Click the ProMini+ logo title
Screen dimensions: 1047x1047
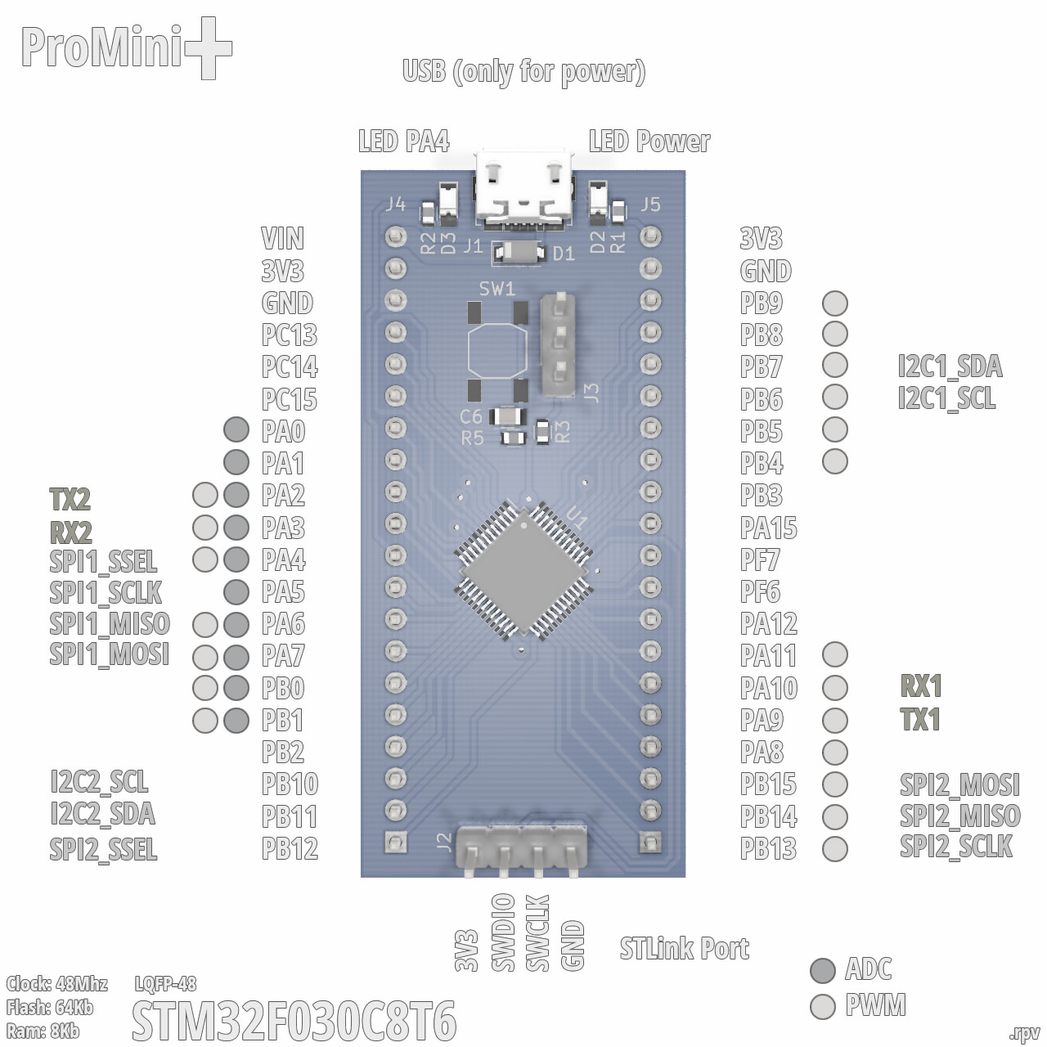click(x=126, y=48)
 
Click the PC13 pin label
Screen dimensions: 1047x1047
click(x=290, y=335)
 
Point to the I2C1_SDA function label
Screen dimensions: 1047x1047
click(x=950, y=366)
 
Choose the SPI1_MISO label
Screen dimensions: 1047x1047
click(x=110, y=623)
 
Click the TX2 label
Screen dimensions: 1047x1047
click(x=70, y=499)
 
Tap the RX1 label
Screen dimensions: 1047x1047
click(x=921, y=685)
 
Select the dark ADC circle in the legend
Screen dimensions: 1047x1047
click(x=823, y=970)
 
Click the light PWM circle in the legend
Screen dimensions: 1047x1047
click(x=823, y=1006)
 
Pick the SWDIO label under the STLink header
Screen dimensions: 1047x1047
click(x=503, y=932)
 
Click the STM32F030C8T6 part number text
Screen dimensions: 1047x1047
click(x=294, y=1022)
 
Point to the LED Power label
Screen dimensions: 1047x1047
click(x=649, y=142)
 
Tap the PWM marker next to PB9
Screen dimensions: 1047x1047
click(x=835, y=303)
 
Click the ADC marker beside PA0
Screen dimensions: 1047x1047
click(x=236, y=429)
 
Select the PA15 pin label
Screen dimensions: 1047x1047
click(x=769, y=528)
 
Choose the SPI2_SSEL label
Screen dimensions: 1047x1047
click(x=103, y=849)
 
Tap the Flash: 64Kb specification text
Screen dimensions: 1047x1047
click(x=50, y=1007)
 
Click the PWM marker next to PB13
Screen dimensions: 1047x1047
click(x=835, y=848)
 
